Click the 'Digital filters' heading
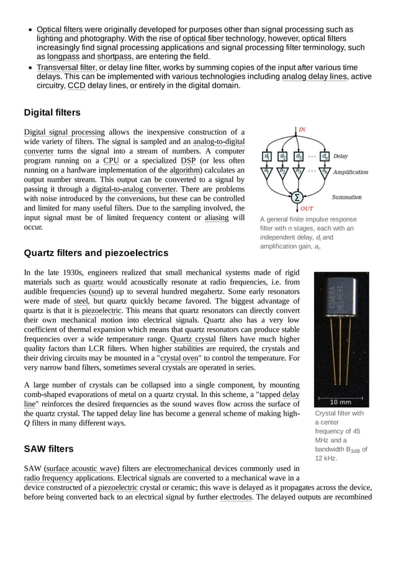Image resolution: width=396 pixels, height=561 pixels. [x=52, y=112]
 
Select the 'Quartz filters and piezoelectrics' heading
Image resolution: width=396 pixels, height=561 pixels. [x=96, y=253]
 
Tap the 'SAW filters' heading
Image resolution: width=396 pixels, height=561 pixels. [x=48, y=449]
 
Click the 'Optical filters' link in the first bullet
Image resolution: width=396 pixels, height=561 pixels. [x=60, y=29]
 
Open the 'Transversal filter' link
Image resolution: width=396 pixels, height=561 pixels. [x=66, y=67]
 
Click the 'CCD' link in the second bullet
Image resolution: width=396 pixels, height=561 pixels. [x=76, y=86]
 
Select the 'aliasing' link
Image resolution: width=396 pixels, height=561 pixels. [x=217, y=217]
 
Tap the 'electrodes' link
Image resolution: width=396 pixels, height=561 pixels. [x=236, y=496]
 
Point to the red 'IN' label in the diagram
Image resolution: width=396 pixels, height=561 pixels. [x=302, y=129]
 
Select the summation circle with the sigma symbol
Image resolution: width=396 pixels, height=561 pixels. [x=297, y=197]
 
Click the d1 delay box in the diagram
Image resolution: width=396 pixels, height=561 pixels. [x=267, y=157]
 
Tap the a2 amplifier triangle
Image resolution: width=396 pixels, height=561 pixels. [x=282, y=171]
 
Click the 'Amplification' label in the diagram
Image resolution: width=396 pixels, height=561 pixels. [x=351, y=172]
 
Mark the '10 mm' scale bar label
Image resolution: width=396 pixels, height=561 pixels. [x=341, y=402]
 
